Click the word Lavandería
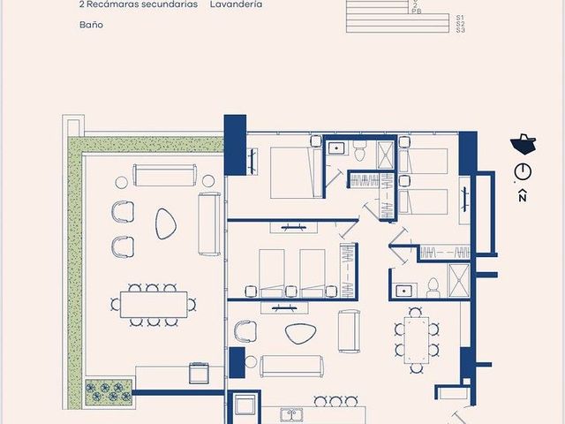pyautogui.click(x=236, y=4)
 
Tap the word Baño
pyautogui.click(x=91, y=25)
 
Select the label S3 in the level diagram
pyautogui.click(x=461, y=30)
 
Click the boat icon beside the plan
pyautogui.click(x=524, y=144)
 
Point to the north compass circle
pyautogui.click(x=523, y=171)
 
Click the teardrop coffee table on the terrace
pyautogui.click(x=166, y=223)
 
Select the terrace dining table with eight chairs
pyautogui.click(x=154, y=305)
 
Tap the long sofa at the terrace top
pyautogui.click(x=165, y=175)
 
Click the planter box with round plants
pyautogui.click(x=109, y=391)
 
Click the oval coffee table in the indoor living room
pyautogui.click(x=301, y=334)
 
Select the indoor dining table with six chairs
pyautogui.click(x=417, y=340)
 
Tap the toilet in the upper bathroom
pyautogui.click(x=359, y=151)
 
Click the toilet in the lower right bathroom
pyautogui.click(x=433, y=288)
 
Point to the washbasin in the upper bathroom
pyautogui.click(x=337, y=148)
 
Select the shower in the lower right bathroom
pyautogui.click(x=459, y=281)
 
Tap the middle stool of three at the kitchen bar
pyautogui.click(x=335, y=402)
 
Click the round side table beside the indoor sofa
pyautogui.click(x=251, y=362)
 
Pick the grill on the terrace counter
pyautogui.click(x=199, y=374)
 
